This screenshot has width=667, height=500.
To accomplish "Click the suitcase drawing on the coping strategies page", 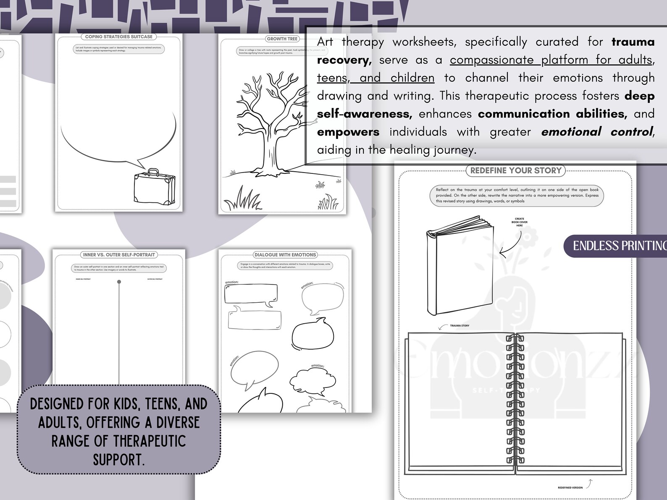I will point(154,189).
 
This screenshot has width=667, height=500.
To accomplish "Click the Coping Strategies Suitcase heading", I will point(119,37).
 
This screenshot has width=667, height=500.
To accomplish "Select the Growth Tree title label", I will point(282,39).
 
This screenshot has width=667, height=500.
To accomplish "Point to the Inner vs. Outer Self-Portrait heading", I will point(119,255).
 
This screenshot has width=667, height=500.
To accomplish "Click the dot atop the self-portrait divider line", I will point(119,282).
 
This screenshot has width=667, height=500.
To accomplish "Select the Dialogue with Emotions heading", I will point(285,255).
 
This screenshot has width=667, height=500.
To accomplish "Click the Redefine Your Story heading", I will point(516,170).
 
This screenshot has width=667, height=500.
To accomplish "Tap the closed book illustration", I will point(460,267).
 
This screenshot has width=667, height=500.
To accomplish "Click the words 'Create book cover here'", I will point(520,222).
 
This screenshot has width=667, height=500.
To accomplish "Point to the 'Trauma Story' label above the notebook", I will point(460,326).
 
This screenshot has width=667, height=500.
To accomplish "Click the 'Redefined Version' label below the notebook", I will point(570,488).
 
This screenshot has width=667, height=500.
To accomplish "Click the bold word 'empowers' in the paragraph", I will point(348,132).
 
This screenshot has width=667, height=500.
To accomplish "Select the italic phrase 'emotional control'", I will point(597,132).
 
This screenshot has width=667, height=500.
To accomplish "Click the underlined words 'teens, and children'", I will point(376,78).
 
